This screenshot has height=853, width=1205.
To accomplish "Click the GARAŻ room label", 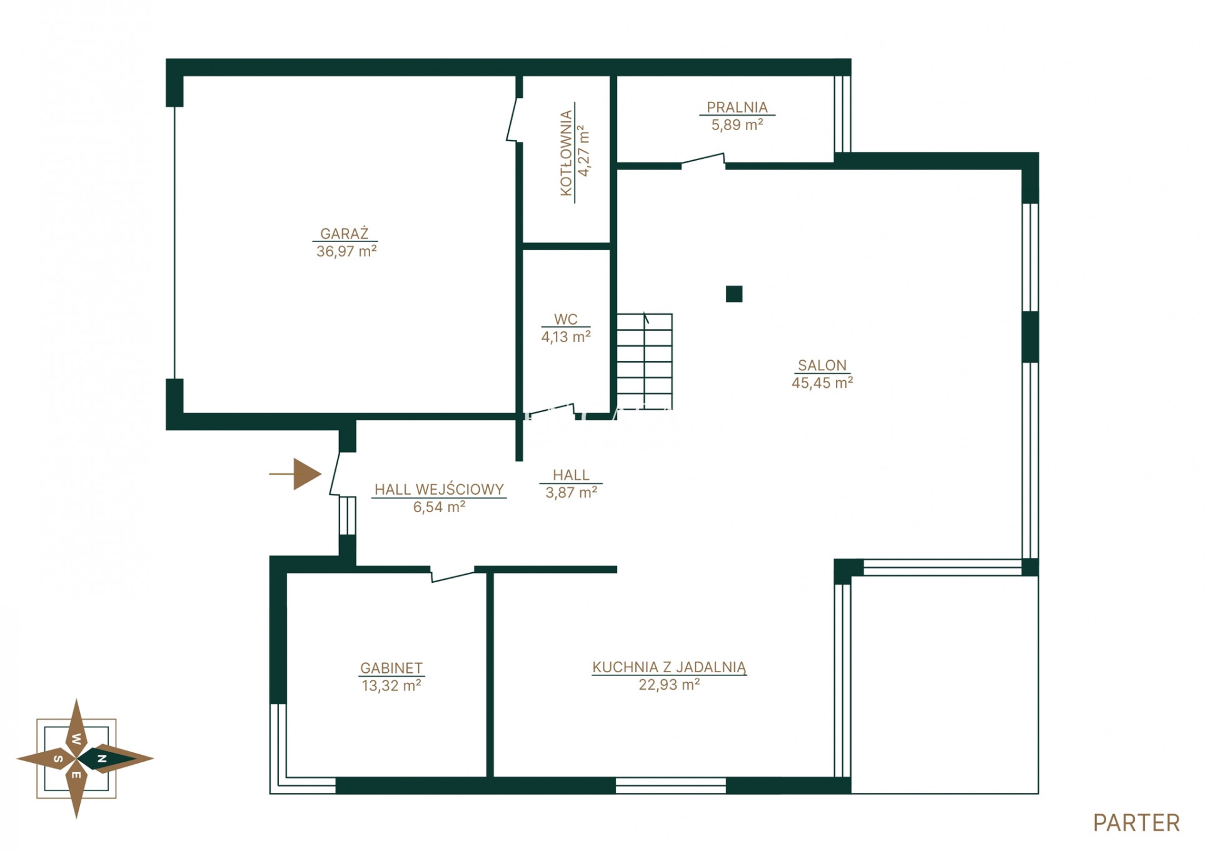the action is pos(345,233).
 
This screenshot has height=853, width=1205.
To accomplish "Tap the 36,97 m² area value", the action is pos(346,251).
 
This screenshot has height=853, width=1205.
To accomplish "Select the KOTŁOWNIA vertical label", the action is pos(567,153).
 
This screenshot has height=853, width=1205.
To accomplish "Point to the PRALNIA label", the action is pos(737,107).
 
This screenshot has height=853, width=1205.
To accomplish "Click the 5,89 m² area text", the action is pos(737,124).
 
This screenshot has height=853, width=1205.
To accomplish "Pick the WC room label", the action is pos(565,319).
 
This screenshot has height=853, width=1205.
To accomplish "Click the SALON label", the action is pos(822,365).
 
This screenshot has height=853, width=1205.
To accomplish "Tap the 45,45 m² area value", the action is pos(822,383).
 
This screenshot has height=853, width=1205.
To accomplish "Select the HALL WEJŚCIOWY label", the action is pos(439,489).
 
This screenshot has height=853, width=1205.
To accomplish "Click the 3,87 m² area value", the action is pos(571,493).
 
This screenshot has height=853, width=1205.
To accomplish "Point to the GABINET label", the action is pos(391,668).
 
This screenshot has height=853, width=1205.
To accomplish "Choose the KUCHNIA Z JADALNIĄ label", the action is pos(669,667).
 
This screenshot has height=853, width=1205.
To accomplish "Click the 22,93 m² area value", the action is pos(669,685).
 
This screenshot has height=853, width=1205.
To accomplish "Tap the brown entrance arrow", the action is pos(296,474).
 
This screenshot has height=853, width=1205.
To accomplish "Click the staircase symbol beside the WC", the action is pos(645,361).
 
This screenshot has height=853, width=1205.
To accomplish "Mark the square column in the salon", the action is pos(734,294).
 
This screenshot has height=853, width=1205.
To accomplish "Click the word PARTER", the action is pos(1136,823).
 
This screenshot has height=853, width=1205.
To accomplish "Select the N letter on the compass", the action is pos(102,759).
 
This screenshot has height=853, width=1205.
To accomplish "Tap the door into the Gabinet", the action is pos(452,574).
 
